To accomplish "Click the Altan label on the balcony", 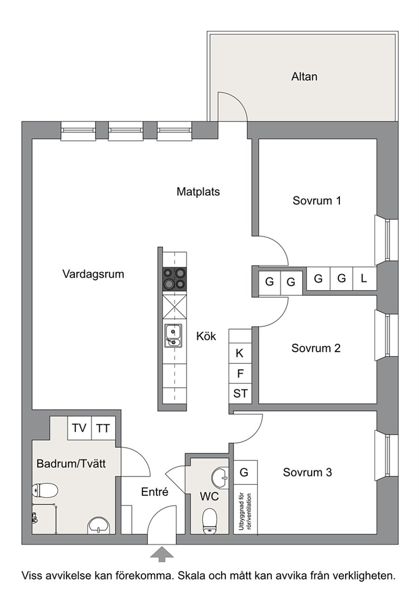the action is pyautogui.click(x=304, y=76).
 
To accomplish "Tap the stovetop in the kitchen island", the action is pyautogui.click(x=174, y=279).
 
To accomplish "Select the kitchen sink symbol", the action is pyautogui.click(x=173, y=336).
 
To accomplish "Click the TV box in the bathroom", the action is pyautogui.click(x=79, y=428).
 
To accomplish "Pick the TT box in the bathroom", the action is pyautogui.click(x=103, y=428).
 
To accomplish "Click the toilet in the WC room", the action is pyautogui.click(x=210, y=521).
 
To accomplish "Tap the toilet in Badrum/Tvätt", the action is pyautogui.click(x=45, y=490).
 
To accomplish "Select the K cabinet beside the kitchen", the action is pyautogui.click(x=240, y=353).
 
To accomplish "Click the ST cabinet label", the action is pyautogui.click(x=241, y=393).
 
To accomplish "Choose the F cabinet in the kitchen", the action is pyautogui.click(x=240, y=373).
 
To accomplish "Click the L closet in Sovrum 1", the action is pyautogui.click(x=364, y=278).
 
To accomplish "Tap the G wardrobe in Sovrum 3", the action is pyautogui.click(x=244, y=472).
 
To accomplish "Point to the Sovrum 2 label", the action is pyautogui.click(x=316, y=348).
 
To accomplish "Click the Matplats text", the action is pyautogui.click(x=198, y=192).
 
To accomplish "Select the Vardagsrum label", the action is pyautogui.click(x=93, y=274).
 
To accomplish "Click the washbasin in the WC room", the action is pyautogui.click(x=220, y=478).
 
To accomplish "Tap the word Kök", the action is pyautogui.click(x=206, y=336).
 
